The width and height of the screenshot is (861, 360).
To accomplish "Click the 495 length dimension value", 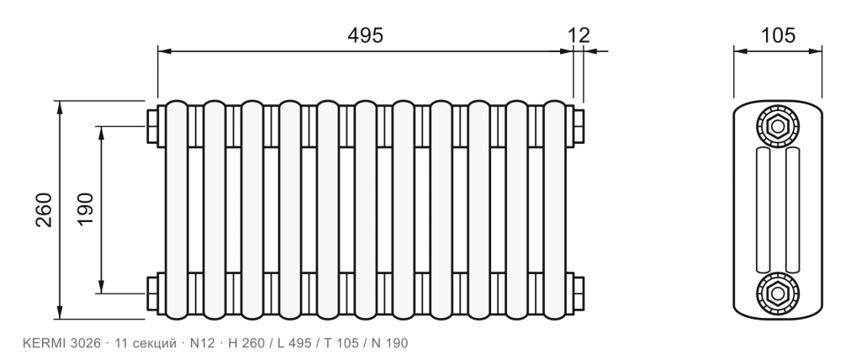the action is pyautogui.click(x=365, y=35).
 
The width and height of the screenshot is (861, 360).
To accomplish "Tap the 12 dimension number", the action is pyautogui.click(x=578, y=35).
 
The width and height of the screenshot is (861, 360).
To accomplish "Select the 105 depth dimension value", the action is pyautogui.click(x=778, y=35).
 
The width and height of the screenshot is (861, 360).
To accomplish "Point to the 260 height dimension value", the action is pyautogui.click(x=44, y=210).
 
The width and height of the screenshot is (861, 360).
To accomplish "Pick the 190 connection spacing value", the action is pyautogui.click(x=86, y=209).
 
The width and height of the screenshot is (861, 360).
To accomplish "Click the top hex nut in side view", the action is pyautogui.click(x=778, y=126).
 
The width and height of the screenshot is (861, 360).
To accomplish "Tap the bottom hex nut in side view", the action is pyautogui.click(x=778, y=294).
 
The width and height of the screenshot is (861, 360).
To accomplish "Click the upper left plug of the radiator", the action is pyautogui.click(x=152, y=126).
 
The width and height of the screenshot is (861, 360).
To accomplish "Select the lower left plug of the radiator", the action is pyautogui.click(x=152, y=294).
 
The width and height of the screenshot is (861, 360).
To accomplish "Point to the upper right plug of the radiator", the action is pyautogui.click(x=578, y=126).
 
